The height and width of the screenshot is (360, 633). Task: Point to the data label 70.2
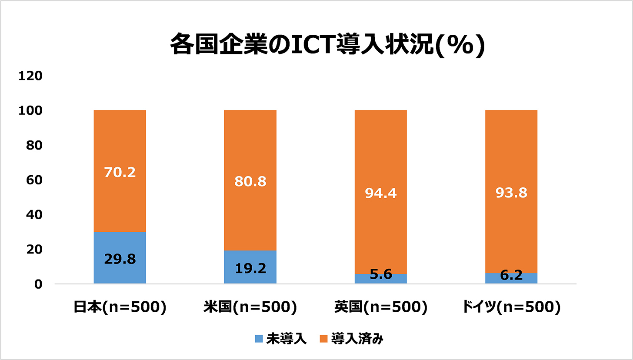tap(120, 172)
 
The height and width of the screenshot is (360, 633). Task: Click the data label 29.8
tap(120, 259)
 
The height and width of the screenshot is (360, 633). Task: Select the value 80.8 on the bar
tap(250, 181)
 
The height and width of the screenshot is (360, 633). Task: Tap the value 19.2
tap(250, 268)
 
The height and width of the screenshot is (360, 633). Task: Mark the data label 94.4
tap(380, 193)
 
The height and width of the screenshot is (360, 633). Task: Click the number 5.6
tap(380, 275)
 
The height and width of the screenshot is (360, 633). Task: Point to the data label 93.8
tap(511, 193)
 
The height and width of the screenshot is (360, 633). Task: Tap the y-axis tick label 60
tap(33, 180)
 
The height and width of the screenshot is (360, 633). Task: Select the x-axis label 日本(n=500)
tap(120, 307)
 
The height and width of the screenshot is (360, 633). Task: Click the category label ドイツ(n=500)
tap(511, 307)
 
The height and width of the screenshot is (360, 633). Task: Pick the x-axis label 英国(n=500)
tap(380, 307)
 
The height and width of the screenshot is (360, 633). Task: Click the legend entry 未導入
tap(281, 339)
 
